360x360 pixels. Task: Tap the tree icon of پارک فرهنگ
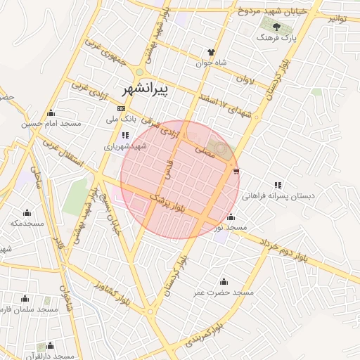pos(276,27)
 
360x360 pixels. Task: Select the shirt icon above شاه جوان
pos(211,51)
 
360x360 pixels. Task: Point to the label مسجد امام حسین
pos(51,124)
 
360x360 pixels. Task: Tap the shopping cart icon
pos(236,170)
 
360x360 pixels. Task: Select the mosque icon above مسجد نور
pos(231,217)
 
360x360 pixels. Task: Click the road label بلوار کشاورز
pos(112,289)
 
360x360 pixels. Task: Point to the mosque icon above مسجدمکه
pos(27,212)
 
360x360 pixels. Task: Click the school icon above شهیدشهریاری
pos(125,136)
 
